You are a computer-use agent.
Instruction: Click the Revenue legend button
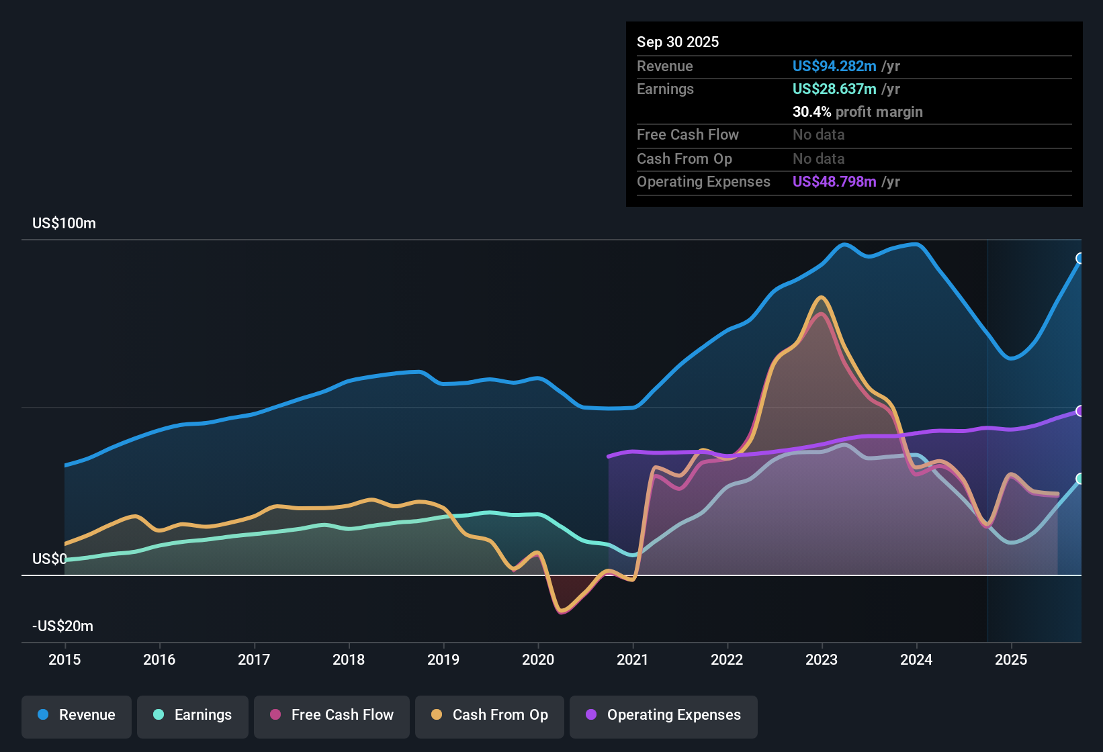click(x=77, y=715)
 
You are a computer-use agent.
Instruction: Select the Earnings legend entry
click(x=193, y=715)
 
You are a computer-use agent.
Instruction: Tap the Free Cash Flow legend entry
click(x=332, y=715)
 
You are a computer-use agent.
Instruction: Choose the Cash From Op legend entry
click(x=490, y=715)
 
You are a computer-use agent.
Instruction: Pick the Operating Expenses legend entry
click(x=664, y=715)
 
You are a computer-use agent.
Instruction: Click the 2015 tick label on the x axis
click(x=64, y=659)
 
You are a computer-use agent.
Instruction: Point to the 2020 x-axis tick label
click(x=538, y=659)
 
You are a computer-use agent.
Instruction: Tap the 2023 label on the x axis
click(x=822, y=659)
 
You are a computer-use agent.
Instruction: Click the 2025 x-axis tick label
click(x=1011, y=659)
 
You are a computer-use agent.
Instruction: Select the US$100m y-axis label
click(x=64, y=223)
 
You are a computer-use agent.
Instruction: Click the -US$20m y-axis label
click(x=62, y=626)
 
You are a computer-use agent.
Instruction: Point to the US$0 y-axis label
click(x=49, y=559)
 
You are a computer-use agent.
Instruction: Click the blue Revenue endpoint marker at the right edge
click(x=1080, y=258)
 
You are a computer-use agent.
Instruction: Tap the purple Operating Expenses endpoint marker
click(x=1080, y=411)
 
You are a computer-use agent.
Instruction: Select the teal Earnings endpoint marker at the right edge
click(x=1080, y=479)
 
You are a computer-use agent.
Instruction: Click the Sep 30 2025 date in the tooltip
click(x=678, y=42)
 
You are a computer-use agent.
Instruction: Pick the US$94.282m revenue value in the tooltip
click(x=834, y=66)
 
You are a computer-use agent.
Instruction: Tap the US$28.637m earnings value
click(x=834, y=89)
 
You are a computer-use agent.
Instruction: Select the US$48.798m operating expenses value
click(x=834, y=181)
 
